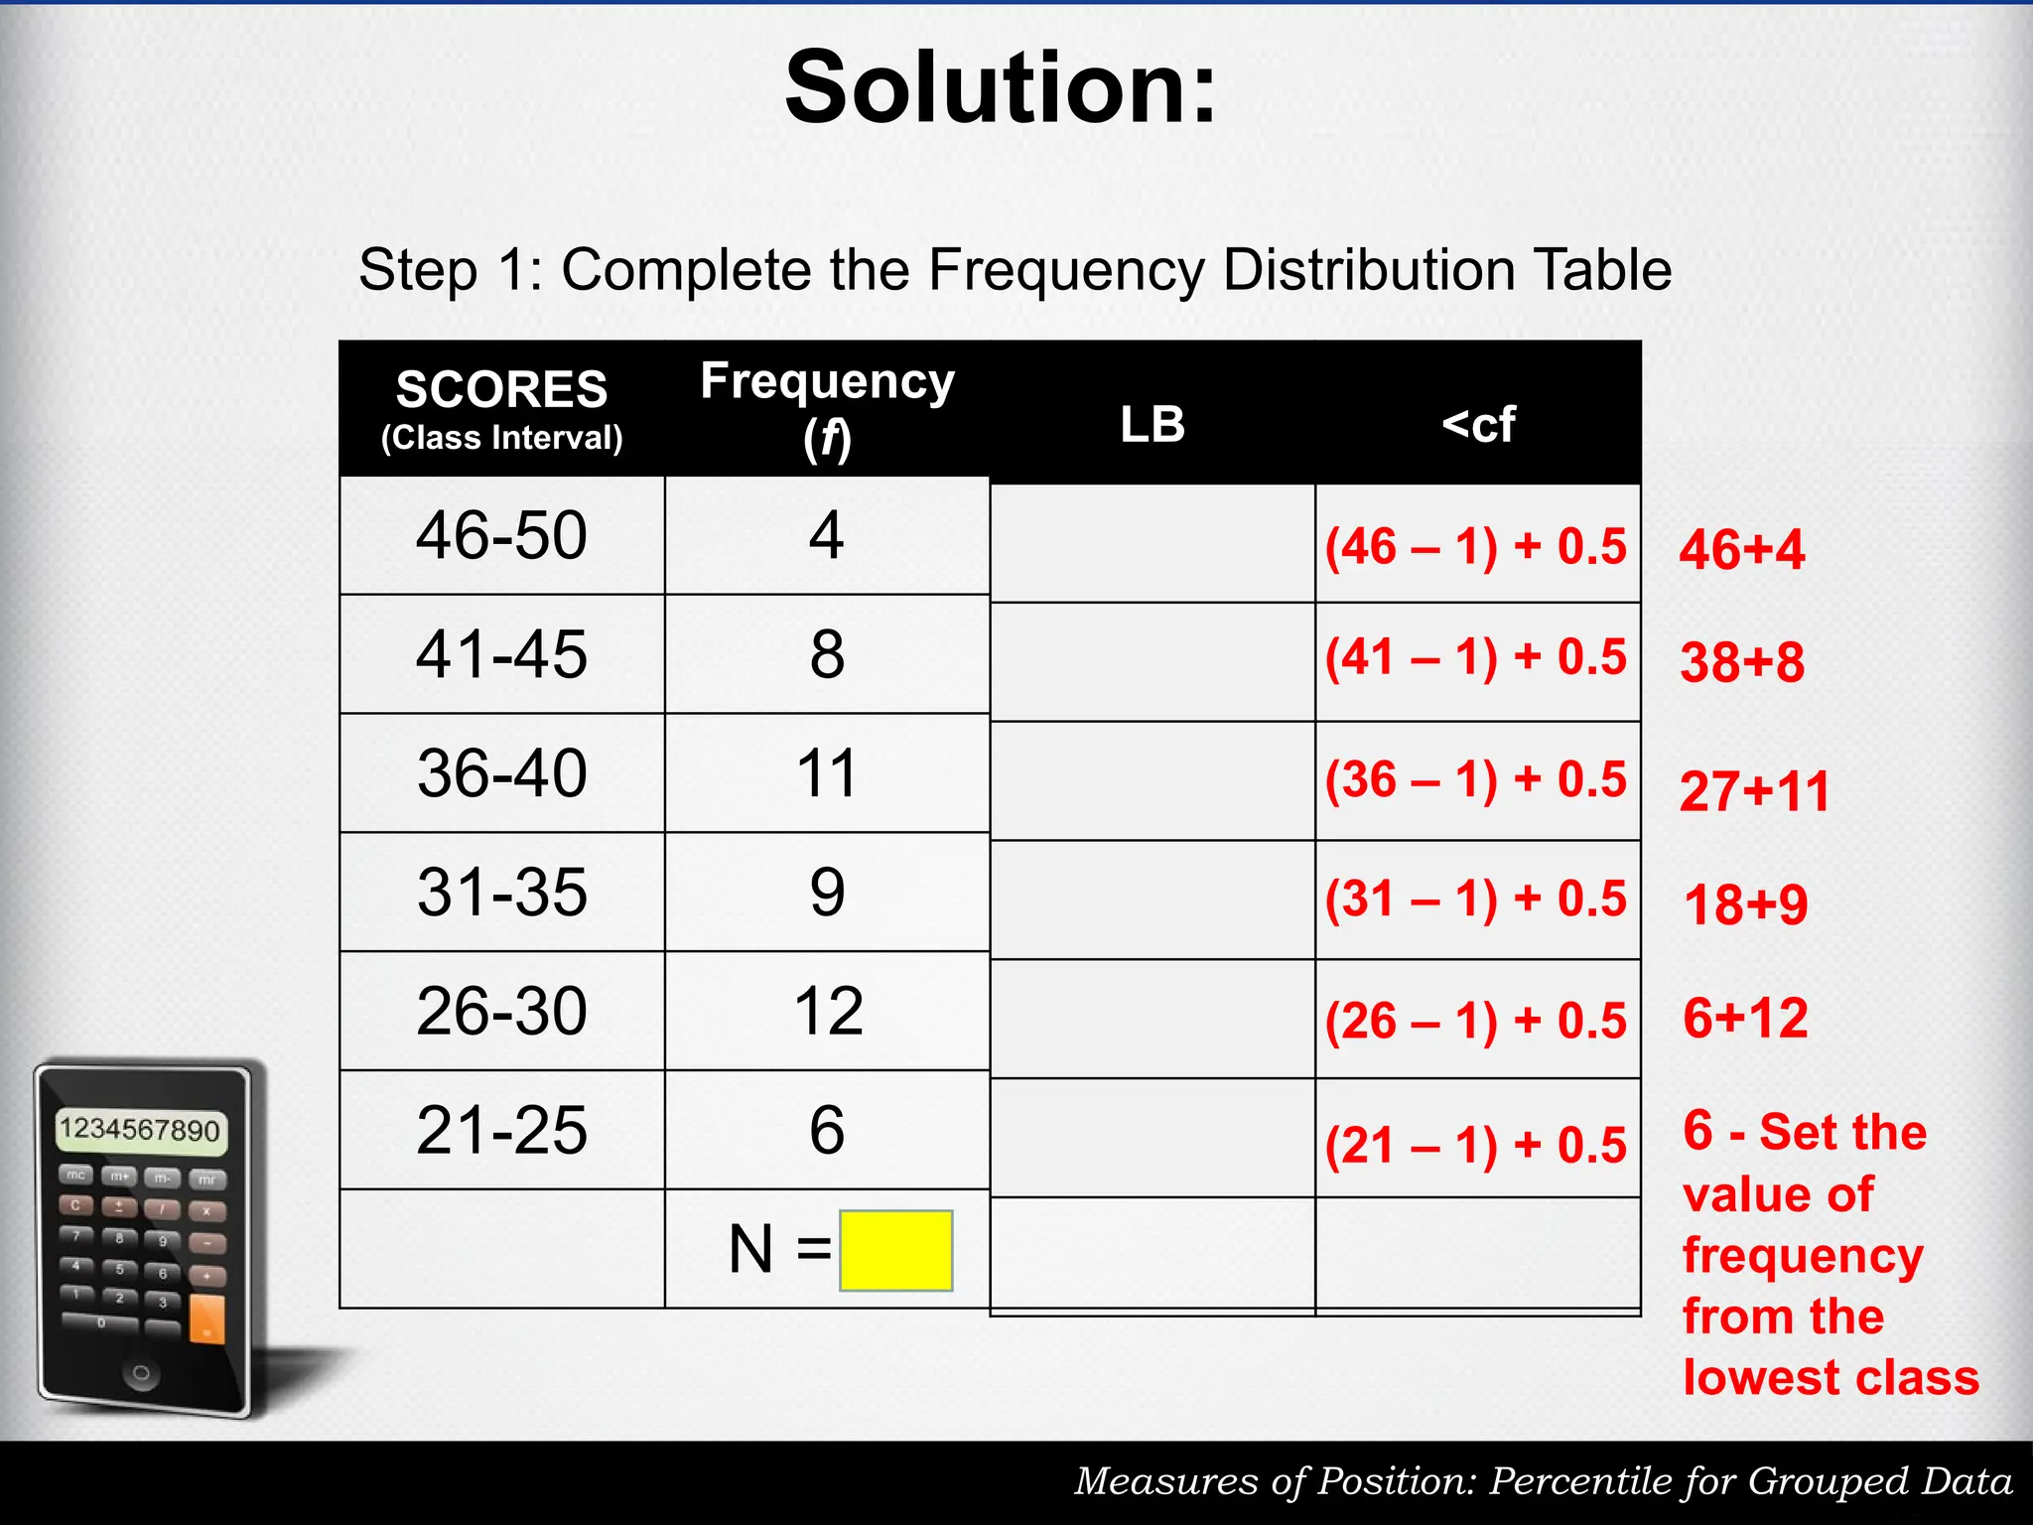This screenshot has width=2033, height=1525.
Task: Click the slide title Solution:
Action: (x=1001, y=89)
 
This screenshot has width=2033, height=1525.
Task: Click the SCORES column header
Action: (x=501, y=389)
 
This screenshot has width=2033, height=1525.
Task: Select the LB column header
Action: (x=1152, y=424)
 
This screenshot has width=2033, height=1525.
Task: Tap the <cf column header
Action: (x=1478, y=424)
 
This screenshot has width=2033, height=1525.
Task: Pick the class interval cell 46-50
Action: (x=501, y=536)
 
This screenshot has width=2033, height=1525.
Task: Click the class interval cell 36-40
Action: (x=501, y=773)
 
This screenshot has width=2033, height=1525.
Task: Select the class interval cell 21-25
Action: (x=501, y=1130)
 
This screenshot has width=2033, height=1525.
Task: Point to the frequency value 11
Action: (x=826, y=773)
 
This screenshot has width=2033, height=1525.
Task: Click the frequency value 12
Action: (x=828, y=1012)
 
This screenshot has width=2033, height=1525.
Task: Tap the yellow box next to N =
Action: (x=895, y=1250)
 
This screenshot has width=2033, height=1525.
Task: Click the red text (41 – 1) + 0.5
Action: (x=1476, y=658)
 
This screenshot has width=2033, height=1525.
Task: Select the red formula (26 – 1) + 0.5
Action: (x=1476, y=1022)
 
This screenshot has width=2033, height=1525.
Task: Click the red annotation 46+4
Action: (x=1741, y=550)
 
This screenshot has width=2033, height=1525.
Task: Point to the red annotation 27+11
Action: (x=1754, y=792)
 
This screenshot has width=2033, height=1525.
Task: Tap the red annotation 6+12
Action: (x=1745, y=1019)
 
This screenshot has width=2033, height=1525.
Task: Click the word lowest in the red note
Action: (x=1755, y=1378)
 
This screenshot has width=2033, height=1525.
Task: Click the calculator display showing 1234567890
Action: (x=140, y=1130)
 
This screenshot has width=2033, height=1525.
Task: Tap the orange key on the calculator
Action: (x=206, y=1319)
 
